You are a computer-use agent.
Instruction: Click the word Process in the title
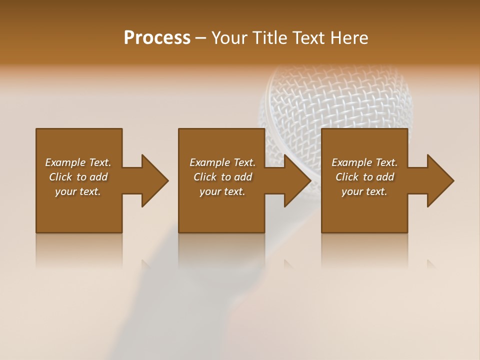coord(157,38)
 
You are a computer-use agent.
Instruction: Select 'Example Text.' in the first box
coord(78,162)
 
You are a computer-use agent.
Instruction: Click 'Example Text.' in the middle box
coord(222,162)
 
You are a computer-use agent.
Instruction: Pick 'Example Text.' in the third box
coord(364,162)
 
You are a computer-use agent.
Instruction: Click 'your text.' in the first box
coord(78,191)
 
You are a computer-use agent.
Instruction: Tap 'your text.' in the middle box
coord(222,191)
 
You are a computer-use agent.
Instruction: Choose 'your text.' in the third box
coord(364,191)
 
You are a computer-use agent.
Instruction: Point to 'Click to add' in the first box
coord(78,177)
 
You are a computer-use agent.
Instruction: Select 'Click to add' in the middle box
coord(222,177)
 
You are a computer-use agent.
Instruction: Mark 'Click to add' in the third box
coord(364,177)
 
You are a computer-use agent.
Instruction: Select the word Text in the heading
coord(307,38)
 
